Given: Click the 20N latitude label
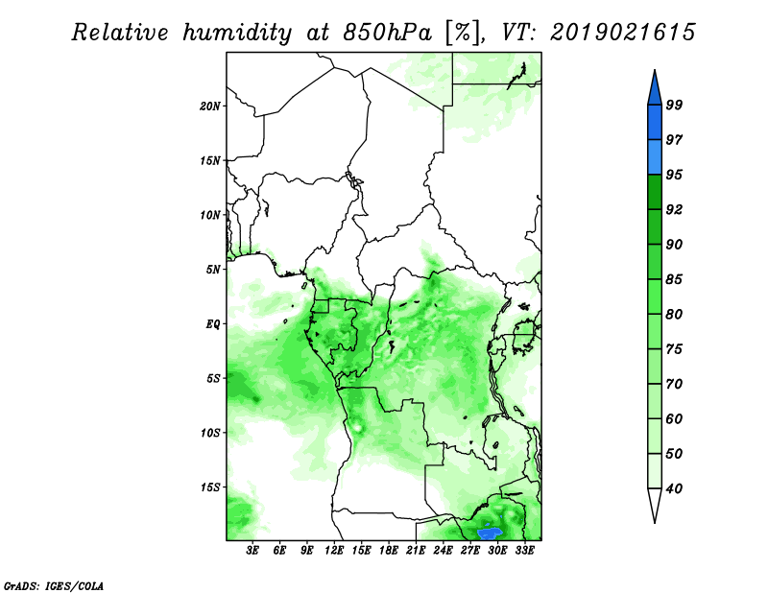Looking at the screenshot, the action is point(210,106).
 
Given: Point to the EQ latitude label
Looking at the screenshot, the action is point(213,324).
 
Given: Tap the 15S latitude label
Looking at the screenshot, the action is point(210,487).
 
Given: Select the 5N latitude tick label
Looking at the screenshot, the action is point(213,270).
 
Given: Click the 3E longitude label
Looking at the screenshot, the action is point(252,550).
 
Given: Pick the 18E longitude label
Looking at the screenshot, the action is point(389,550).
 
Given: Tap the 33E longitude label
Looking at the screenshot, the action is point(524,550).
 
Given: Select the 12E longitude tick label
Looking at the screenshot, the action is point(334,550).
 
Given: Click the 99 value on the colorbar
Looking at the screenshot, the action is point(674,105).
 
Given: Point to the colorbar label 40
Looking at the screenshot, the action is point(674,488).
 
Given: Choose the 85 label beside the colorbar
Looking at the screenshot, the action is point(674,279).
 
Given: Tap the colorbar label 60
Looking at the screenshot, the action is point(674,418).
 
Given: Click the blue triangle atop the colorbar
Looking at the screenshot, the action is point(655,90).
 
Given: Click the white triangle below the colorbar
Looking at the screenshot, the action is point(655,503).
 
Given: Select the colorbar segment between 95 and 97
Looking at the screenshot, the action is point(655,157).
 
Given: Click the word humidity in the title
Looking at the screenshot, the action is point(237,33).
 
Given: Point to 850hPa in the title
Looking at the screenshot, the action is point(387,33).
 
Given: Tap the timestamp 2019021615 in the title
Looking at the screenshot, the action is point(622,33).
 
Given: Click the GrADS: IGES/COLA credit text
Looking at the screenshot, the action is point(54,585).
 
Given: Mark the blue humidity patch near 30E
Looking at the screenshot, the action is point(490,533).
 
